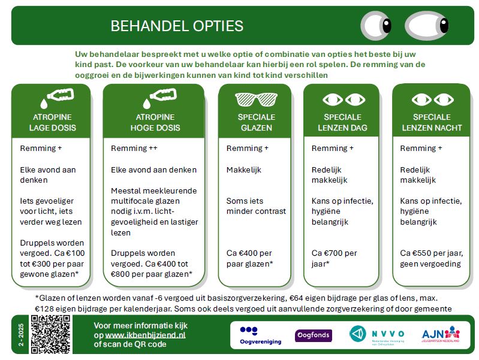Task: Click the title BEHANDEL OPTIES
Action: click(177, 26)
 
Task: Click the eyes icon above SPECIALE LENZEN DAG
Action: click(343, 99)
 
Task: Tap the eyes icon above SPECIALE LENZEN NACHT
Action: click(430, 99)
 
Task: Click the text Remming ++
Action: click(134, 148)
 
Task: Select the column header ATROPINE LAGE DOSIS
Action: click(52, 122)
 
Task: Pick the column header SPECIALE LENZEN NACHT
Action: click(430, 122)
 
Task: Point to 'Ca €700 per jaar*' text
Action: click(335, 258)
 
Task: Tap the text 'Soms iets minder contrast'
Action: click(256, 205)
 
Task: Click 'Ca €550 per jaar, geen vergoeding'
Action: click(430, 258)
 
